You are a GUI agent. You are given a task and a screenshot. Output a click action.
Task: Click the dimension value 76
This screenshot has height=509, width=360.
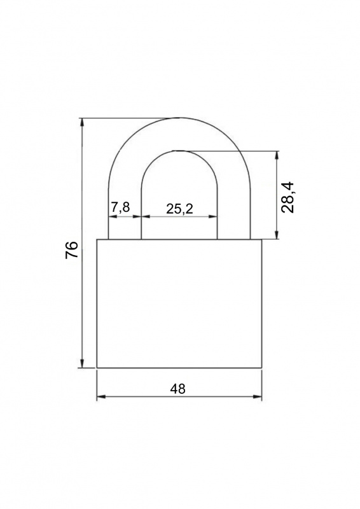point(72,249)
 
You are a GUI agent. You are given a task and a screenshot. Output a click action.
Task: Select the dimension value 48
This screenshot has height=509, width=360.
point(177,389)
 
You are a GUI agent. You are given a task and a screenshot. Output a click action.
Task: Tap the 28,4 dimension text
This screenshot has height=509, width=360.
point(287,198)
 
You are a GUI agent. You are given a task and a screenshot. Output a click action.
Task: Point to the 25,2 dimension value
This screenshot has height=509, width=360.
point(179,209)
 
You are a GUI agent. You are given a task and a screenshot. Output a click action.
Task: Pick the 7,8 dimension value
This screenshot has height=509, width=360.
point(120,207)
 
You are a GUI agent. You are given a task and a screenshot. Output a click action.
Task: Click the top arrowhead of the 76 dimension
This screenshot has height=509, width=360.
point(83,122)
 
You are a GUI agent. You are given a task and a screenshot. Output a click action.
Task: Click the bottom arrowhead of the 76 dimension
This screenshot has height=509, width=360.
point(83,363)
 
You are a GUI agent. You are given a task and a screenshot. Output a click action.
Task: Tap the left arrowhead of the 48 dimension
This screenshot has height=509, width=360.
point(101,396)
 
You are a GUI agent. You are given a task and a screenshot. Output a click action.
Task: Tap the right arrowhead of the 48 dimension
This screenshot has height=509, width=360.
point(258,396)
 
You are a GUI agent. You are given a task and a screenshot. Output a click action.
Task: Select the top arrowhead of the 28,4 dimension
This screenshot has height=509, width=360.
point(277,155)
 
